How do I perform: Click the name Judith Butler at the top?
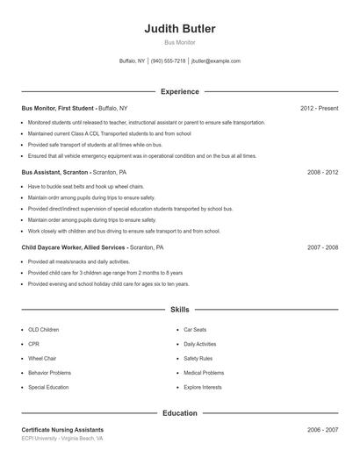coord(180,29)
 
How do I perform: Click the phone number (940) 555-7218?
coord(168,61)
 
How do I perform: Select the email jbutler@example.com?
coord(215,61)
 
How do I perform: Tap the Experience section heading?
coord(180,91)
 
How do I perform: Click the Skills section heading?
coord(180,310)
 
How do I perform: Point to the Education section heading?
coord(180,412)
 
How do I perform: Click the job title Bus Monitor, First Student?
coord(58,108)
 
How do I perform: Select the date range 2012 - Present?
coord(319,108)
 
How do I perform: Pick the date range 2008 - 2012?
coord(322,173)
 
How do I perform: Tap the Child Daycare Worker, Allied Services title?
coord(75,248)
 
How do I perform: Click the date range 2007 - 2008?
coord(322,248)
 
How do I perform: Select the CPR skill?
coord(34,344)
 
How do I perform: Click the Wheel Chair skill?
coord(42,358)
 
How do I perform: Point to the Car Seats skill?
coord(194,330)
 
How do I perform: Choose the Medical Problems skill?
coord(204,372)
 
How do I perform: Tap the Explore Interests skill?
coord(203,387)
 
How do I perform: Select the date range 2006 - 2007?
coord(322,430)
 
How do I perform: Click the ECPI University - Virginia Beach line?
coord(62,439)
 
